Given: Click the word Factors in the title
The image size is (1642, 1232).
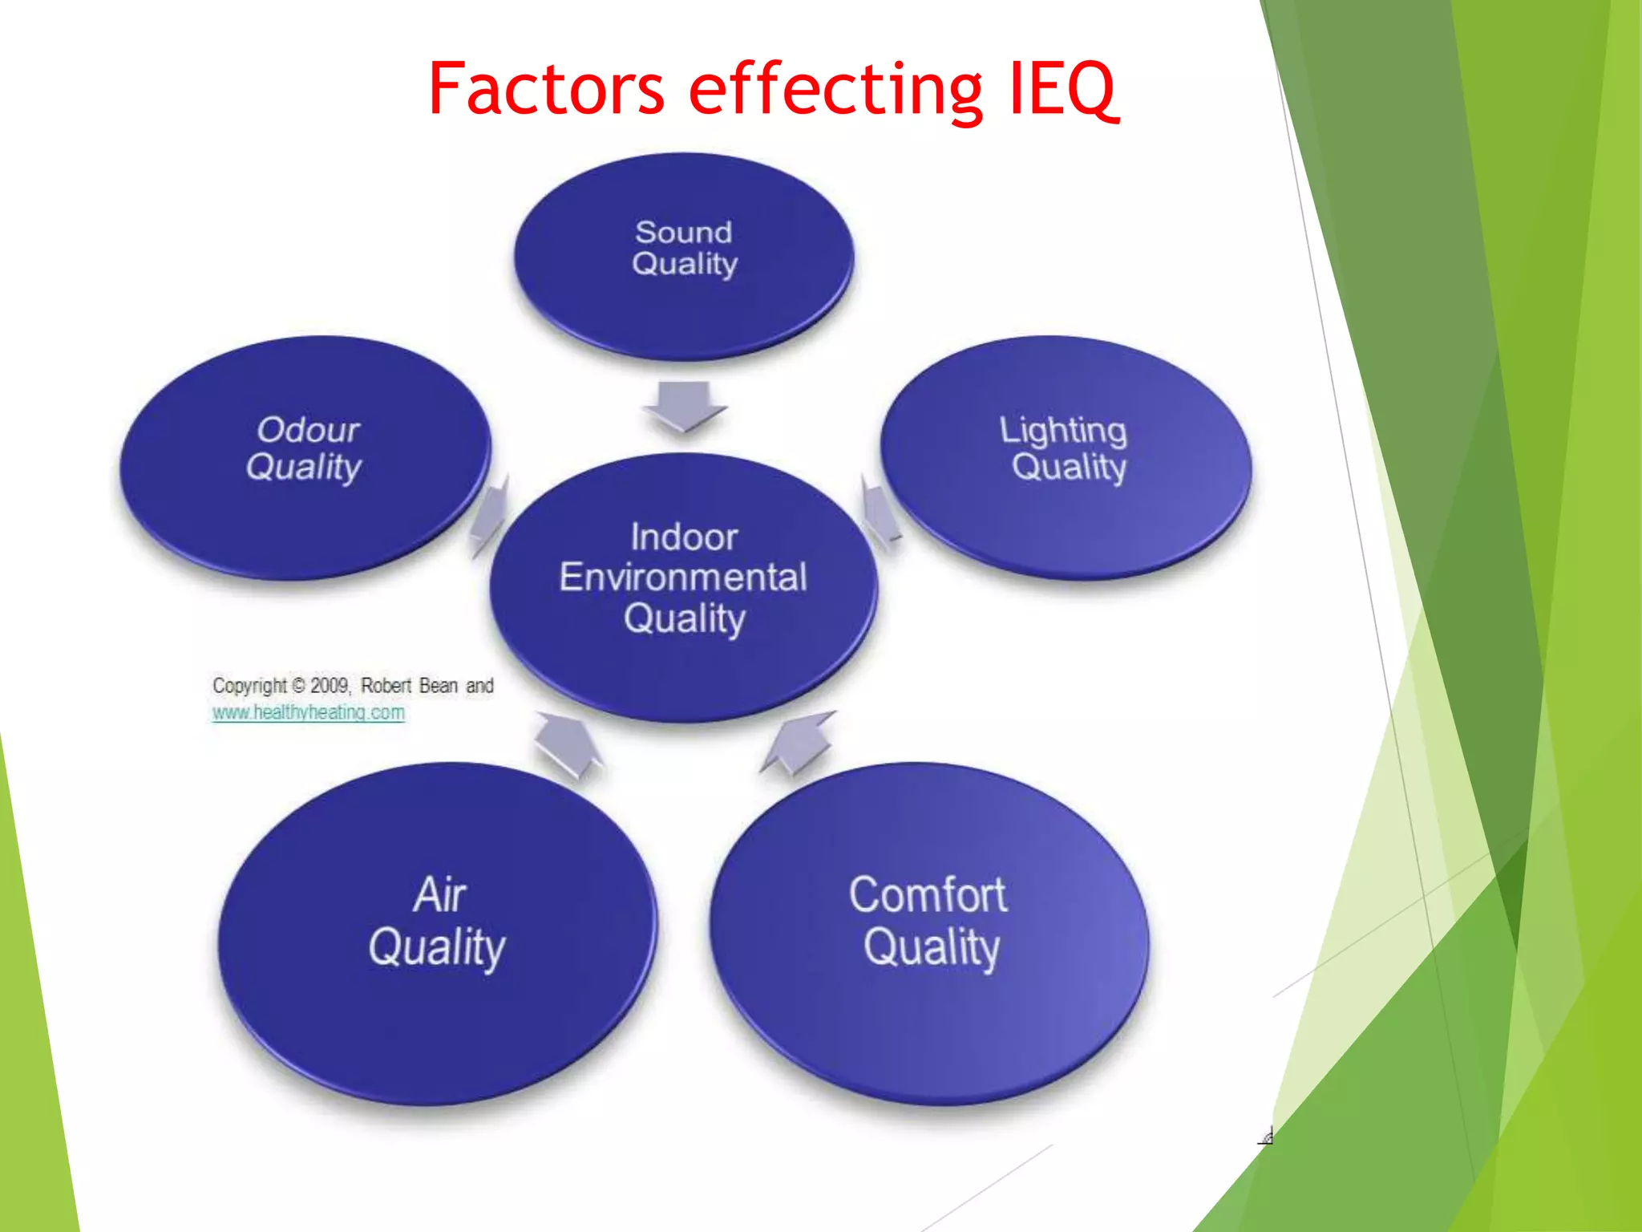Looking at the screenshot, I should [x=546, y=88].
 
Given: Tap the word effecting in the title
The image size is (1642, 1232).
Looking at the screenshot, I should [x=835, y=90].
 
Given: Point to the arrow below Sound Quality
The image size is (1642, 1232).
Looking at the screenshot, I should [x=684, y=406].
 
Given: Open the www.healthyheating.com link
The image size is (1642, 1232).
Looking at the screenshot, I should [x=308, y=712].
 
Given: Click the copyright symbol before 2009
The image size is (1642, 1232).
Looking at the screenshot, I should [x=298, y=686].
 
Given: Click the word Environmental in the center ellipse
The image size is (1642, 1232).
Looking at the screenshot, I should [x=683, y=577].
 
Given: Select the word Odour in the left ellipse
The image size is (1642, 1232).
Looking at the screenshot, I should [x=308, y=430].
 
